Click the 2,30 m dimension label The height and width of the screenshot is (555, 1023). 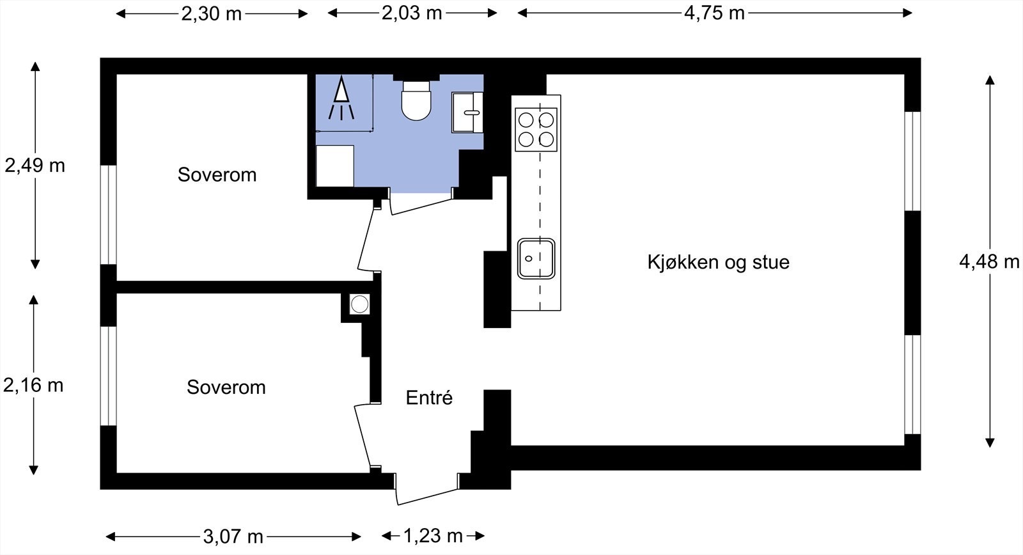click(x=212, y=13)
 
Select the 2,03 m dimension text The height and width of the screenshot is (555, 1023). click(x=412, y=13)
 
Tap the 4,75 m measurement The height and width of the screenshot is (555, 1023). click(x=714, y=13)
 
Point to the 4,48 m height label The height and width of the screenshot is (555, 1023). click(x=989, y=262)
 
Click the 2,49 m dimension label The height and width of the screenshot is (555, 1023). click(x=35, y=166)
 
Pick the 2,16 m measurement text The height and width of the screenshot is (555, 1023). click(x=34, y=385)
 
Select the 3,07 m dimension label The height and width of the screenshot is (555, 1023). click(x=233, y=536)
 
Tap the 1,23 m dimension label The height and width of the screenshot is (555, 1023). click(x=433, y=535)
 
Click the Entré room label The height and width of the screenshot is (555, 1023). click(x=429, y=398)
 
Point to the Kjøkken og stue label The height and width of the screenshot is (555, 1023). click(x=718, y=262)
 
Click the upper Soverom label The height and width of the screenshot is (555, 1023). click(x=217, y=175)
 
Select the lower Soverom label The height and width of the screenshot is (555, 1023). click(x=226, y=387)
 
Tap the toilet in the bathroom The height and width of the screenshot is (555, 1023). click(x=417, y=101)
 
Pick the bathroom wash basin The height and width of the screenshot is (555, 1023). click(x=467, y=112)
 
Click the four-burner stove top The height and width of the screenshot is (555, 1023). click(x=536, y=129)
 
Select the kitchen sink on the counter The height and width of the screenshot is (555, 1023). click(x=536, y=258)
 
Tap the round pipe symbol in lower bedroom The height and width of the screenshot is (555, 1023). click(x=359, y=304)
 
